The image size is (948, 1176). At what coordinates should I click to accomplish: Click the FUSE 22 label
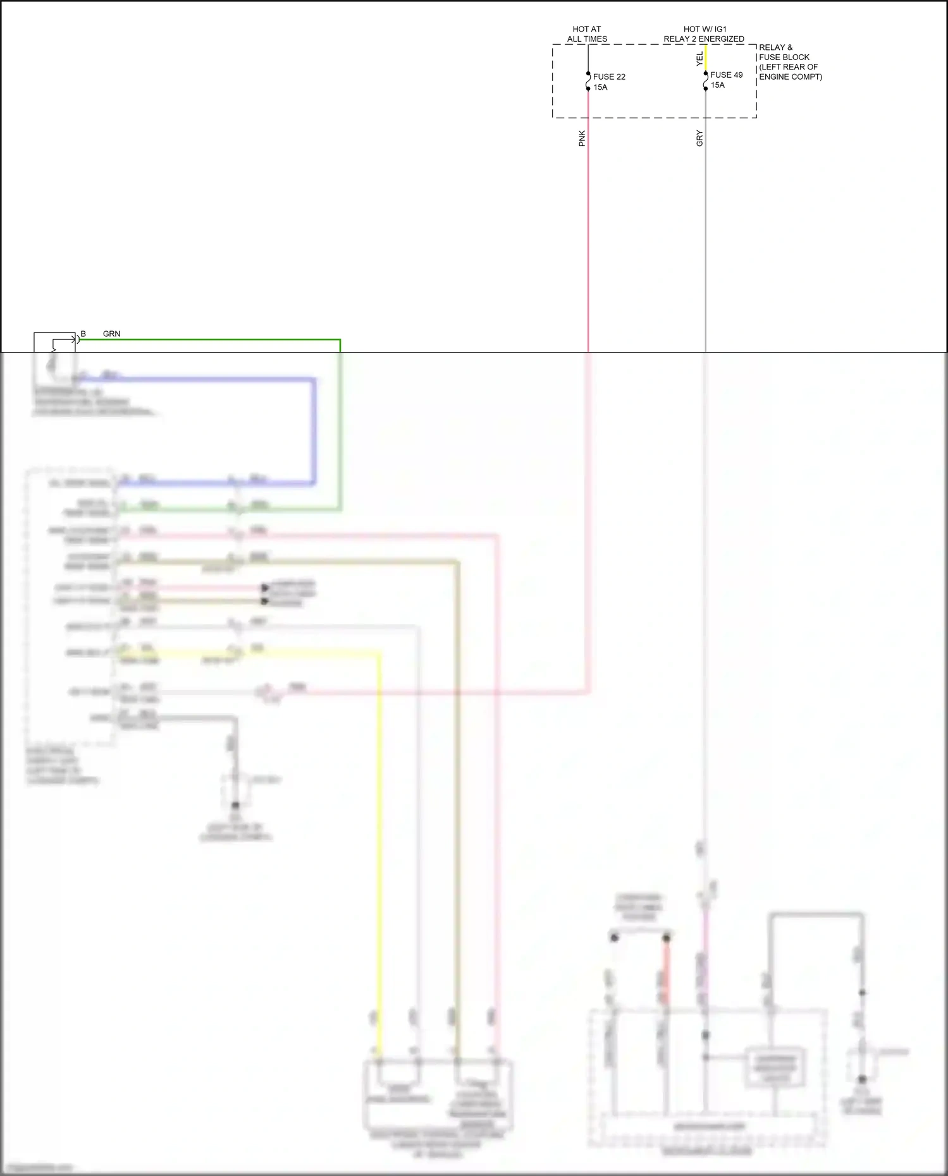tap(608, 77)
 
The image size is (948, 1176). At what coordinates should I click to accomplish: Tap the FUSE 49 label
tap(726, 75)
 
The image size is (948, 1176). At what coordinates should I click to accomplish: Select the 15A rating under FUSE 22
tap(600, 88)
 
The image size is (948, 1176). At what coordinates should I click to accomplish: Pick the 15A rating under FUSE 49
tap(717, 85)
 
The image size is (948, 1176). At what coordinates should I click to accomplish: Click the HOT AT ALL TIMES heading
tap(587, 34)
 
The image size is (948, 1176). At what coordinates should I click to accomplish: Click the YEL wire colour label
tap(699, 59)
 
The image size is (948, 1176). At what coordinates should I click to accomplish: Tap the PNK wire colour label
tap(582, 138)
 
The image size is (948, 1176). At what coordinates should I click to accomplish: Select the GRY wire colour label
tap(699, 138)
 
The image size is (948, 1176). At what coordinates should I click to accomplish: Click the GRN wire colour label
tap(111, 334)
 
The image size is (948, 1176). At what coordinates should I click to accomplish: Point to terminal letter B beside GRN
tap(83, 334)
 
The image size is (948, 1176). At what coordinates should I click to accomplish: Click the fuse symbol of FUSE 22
tap(588, 81)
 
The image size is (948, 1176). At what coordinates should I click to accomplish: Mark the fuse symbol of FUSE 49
tap(706, 81)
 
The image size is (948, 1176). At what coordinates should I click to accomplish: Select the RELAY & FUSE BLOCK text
tap(784, 52)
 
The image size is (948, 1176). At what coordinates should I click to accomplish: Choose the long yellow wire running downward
tap(379, 821)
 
